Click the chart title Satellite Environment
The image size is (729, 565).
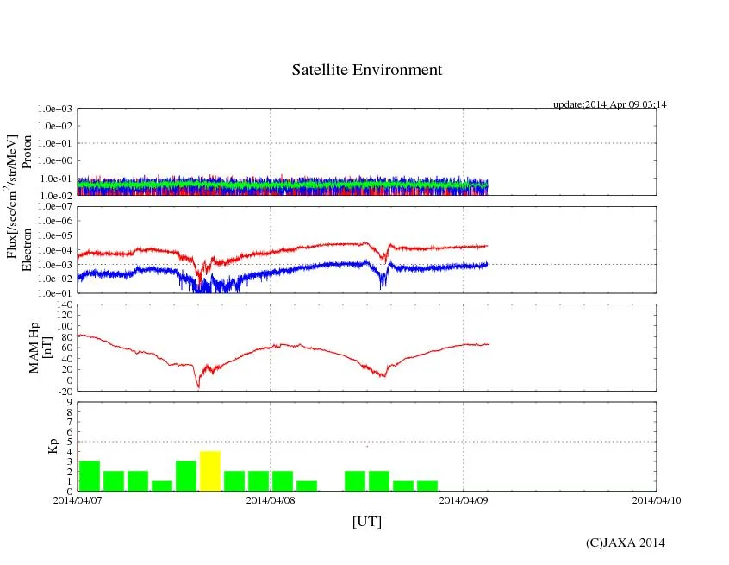[366, 70]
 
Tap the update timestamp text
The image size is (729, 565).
[609, 104]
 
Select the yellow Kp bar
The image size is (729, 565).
[210, 471]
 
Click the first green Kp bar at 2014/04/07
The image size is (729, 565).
[90, 476]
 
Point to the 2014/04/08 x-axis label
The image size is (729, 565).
[271, 499]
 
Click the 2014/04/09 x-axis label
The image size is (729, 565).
[464, 499]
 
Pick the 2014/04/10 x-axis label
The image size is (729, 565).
[657, 499]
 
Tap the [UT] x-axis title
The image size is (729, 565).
[366, 521]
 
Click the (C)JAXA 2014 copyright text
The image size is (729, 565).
[625, 543]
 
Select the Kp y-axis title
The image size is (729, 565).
[50, 446]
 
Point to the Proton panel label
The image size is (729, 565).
[27, 152]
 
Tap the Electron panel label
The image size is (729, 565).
[27, 250]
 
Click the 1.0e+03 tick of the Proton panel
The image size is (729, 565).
[58, 110]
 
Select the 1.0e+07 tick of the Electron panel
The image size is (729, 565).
[58, 208]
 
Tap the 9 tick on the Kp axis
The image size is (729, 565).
[70, 402]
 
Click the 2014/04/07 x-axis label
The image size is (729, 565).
[78, 499]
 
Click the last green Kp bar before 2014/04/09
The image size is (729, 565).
[427, 486]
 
